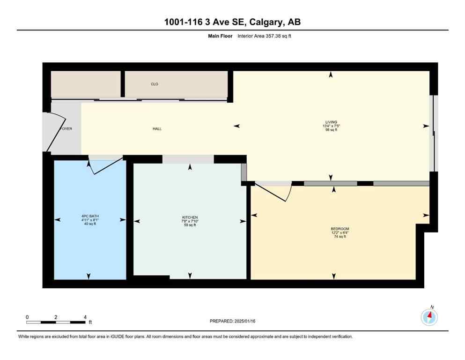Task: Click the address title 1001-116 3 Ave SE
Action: click(x=232, y=22)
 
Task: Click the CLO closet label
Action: click(x=155, y=84)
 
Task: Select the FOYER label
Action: click(x=66, y=128)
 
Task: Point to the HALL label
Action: click(x=157, y=128)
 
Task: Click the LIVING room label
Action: click(x=331, y=122)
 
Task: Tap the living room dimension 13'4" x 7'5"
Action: click(x=331, y=126)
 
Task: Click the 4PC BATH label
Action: click(x=89, y=216)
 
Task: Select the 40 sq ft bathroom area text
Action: click(x=89, y=224)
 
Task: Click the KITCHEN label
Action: click(x=190, y=217)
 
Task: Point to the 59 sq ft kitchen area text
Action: click(x=190, y=225)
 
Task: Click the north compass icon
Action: click(x=429, y=317)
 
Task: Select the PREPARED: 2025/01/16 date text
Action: click(x=232, y=321)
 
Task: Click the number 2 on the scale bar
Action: click(x=56, y=317)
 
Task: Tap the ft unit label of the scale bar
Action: click(x=90, y=322)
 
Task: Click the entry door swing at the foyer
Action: click(x=48, y=132)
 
